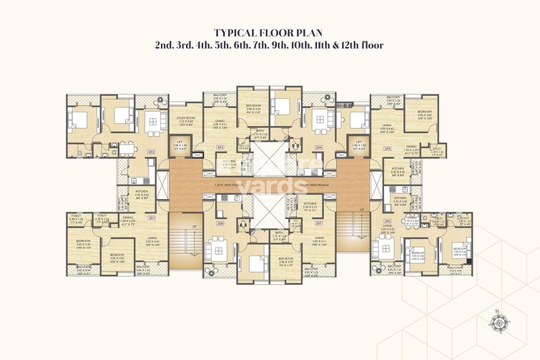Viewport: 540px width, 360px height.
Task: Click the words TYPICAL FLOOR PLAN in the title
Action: [x=269, y=32]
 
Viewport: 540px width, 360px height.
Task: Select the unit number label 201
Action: [x=151, y=218]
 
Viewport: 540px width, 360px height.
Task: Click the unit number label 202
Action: [x=151, y=152]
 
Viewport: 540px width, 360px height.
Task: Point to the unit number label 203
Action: [x=220, y=147]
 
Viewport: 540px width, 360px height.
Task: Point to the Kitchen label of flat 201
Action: [x=141, y=192]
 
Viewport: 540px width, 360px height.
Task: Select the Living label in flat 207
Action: [x=318, y=240]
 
